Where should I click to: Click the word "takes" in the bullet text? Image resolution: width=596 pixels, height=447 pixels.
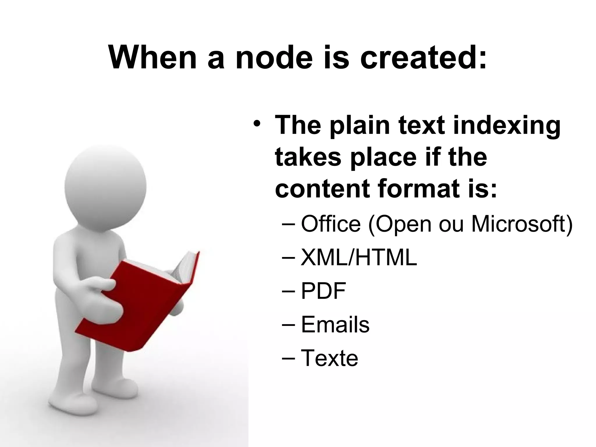point(308,157)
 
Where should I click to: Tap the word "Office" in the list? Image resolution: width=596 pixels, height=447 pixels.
point(331,224)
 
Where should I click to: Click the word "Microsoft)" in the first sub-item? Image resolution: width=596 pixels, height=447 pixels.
point(522,224)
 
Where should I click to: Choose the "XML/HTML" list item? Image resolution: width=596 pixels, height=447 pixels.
point(359,258)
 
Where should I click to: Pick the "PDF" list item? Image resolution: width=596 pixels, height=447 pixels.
point(323,291)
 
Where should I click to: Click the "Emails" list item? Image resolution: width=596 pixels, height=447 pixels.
point(335,325)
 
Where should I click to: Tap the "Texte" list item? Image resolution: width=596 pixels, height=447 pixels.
point(329,358)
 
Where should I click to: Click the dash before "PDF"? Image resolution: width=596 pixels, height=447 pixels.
point(288,291)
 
